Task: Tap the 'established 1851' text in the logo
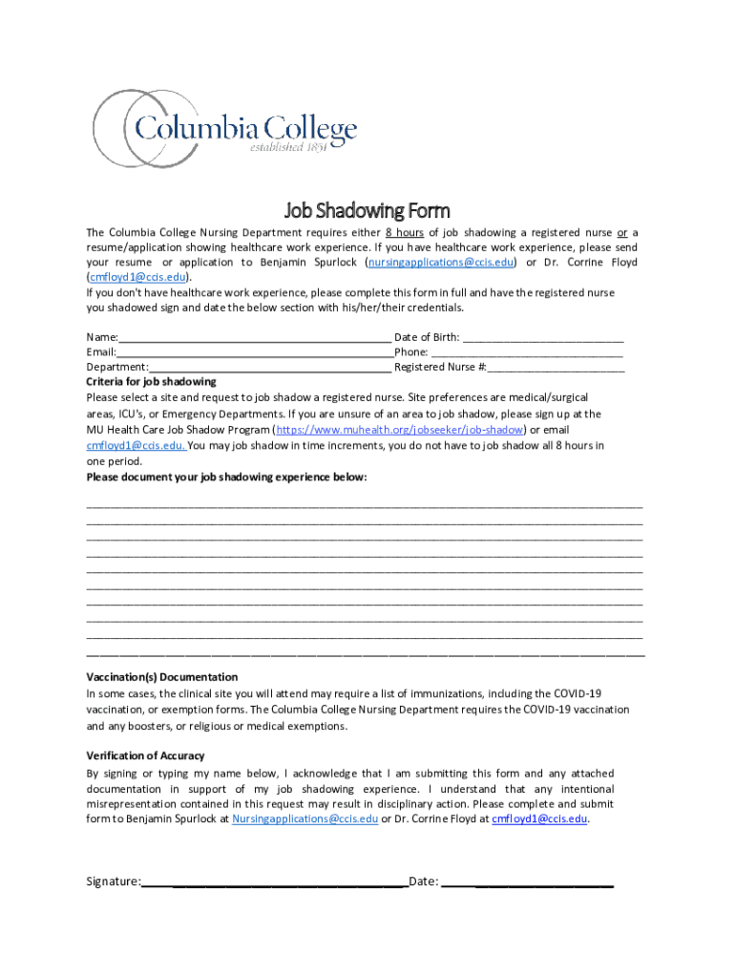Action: click(288, 147)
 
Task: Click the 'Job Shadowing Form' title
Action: click(367, 210)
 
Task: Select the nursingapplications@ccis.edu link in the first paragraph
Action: click(442, 262)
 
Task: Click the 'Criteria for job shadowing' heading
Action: click(151, 381)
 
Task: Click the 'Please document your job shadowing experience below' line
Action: click(226, 477)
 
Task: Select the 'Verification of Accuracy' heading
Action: click(145, 755)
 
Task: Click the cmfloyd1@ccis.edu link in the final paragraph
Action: click(539, 819)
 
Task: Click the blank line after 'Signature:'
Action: click(275, 882)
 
